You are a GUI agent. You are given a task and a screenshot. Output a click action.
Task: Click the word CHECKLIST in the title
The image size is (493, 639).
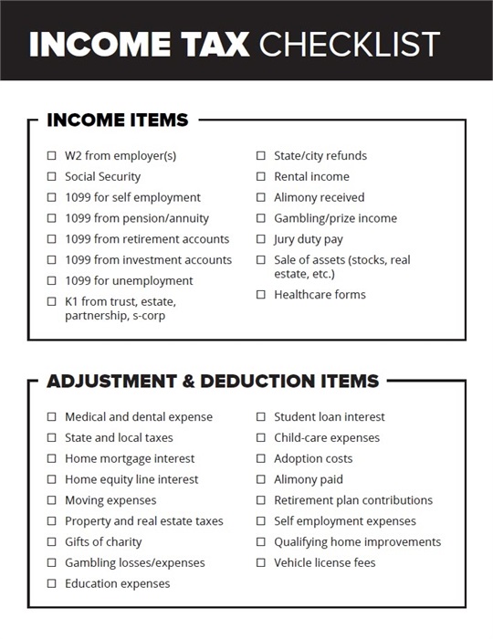[349, 44]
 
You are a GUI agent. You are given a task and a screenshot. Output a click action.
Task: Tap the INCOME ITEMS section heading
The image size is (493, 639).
[117, 120]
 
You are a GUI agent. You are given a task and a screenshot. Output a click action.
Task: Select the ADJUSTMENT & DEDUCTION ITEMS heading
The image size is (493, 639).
[212, 381]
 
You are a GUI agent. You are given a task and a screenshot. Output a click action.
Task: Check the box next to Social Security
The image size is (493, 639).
[51, 177]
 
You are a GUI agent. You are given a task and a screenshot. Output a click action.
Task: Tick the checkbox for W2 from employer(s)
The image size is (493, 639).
[51, 156]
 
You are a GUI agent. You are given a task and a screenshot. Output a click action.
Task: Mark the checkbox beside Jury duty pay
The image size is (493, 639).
[261, 239]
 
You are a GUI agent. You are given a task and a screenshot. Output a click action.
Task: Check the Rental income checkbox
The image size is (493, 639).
[261, 177]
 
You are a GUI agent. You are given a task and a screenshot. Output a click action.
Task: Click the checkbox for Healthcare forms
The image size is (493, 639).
[261, 295]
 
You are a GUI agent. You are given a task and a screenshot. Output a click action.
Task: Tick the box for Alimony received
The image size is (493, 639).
[261, 198]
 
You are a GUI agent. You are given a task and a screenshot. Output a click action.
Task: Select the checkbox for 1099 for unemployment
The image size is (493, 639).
[51, 281]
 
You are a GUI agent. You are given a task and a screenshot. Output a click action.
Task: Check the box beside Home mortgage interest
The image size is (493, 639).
[51, 459]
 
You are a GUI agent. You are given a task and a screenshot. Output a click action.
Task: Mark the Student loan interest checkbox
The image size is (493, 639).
[261, 417]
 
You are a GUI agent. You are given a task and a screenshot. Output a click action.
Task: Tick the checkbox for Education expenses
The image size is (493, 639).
[51, 584]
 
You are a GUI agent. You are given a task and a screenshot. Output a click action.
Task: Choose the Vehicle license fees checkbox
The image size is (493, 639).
[261, 563]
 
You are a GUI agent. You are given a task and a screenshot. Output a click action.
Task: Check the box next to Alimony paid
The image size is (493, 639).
[261, 480]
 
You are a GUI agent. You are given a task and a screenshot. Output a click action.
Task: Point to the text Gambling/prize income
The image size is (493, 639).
[335, 219]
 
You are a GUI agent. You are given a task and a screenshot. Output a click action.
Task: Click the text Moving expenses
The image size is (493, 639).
[110, 501]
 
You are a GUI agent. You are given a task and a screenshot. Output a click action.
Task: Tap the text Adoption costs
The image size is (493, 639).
[313, 459]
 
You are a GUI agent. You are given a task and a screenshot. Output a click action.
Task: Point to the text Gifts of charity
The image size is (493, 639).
[103, 542]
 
